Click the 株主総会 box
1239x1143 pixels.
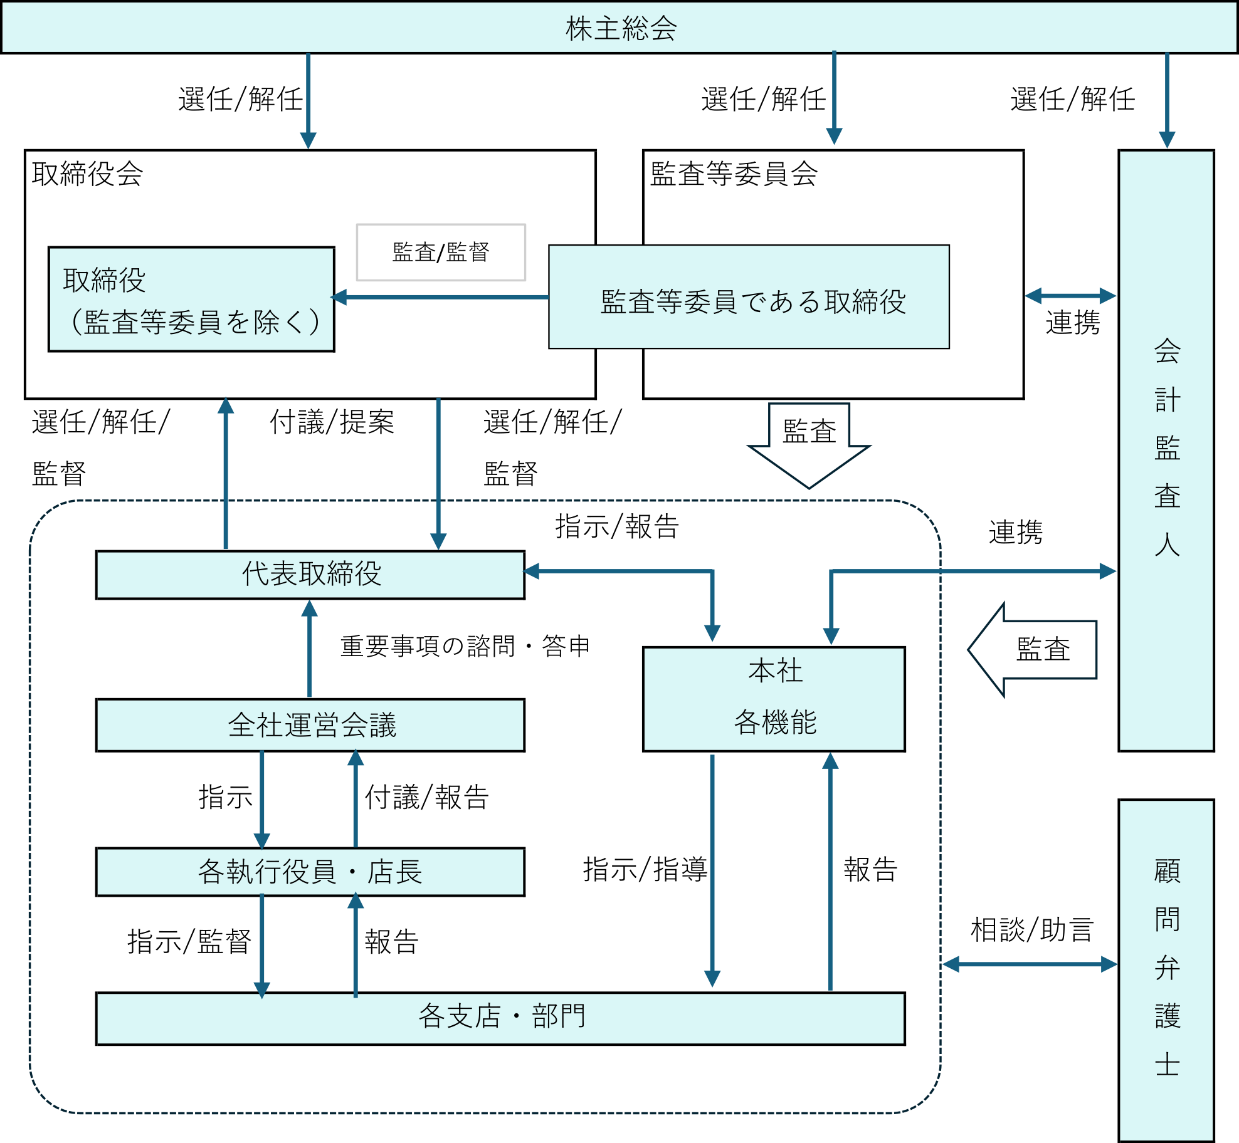point(619,28)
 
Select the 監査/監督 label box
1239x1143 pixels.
point(441,253)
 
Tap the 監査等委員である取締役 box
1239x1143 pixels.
point(749,297)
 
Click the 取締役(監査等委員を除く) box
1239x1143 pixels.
point(191,300)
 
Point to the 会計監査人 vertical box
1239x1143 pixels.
point(1166,450)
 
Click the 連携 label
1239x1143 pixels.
point(1016,533)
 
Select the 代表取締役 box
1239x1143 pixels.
point(310,575)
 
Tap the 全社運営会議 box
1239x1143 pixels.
point(310,725)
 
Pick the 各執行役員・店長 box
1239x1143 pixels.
point(310,872)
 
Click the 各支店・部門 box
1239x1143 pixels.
point(500,1018)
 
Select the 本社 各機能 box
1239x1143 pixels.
point(774,699)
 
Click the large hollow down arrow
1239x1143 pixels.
point(809,445)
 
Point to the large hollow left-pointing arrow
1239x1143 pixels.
point(1032,650)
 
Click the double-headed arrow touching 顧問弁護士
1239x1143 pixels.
point(1030,964)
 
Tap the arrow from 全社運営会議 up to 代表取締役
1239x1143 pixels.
point(310,649)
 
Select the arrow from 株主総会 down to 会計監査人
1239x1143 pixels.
point(1167,100)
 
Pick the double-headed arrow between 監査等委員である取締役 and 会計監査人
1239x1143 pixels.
point(1070,296)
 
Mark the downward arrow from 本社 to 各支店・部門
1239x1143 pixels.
point(712,871)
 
